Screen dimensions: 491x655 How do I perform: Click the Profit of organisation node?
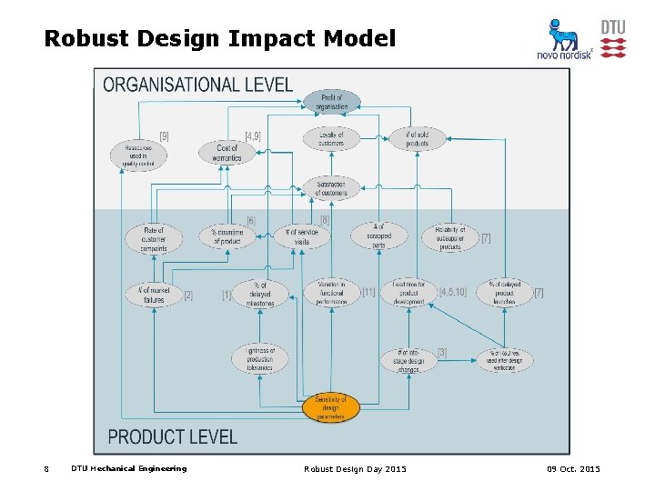click(332, 102)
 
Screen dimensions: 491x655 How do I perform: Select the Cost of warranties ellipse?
click(227, 153)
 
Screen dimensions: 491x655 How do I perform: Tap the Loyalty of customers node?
click(331, 138)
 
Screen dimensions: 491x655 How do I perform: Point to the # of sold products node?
click(417, 138)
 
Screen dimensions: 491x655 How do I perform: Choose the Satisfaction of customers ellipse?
click(331, 187)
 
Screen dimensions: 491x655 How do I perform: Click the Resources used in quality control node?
click(139, 155)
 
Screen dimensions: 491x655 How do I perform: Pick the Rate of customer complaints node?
click(154, 239)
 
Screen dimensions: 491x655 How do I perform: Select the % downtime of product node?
click(227, 236)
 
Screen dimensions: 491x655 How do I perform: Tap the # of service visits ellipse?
click(301, 237)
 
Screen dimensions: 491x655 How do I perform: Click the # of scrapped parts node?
click(379, 236)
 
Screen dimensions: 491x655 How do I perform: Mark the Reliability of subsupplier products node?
click(449, 238)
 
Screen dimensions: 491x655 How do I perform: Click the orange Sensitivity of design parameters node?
click(331, 406)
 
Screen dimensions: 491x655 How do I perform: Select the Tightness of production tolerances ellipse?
click(259, 358)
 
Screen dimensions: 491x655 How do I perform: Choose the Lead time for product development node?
click(409, 293)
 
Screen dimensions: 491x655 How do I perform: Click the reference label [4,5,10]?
click(454, 292)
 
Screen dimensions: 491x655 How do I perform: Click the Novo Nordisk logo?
click(564, 41)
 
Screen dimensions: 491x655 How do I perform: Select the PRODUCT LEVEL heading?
click(172, 437)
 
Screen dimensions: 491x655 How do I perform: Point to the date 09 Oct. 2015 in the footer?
click(573, 468)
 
